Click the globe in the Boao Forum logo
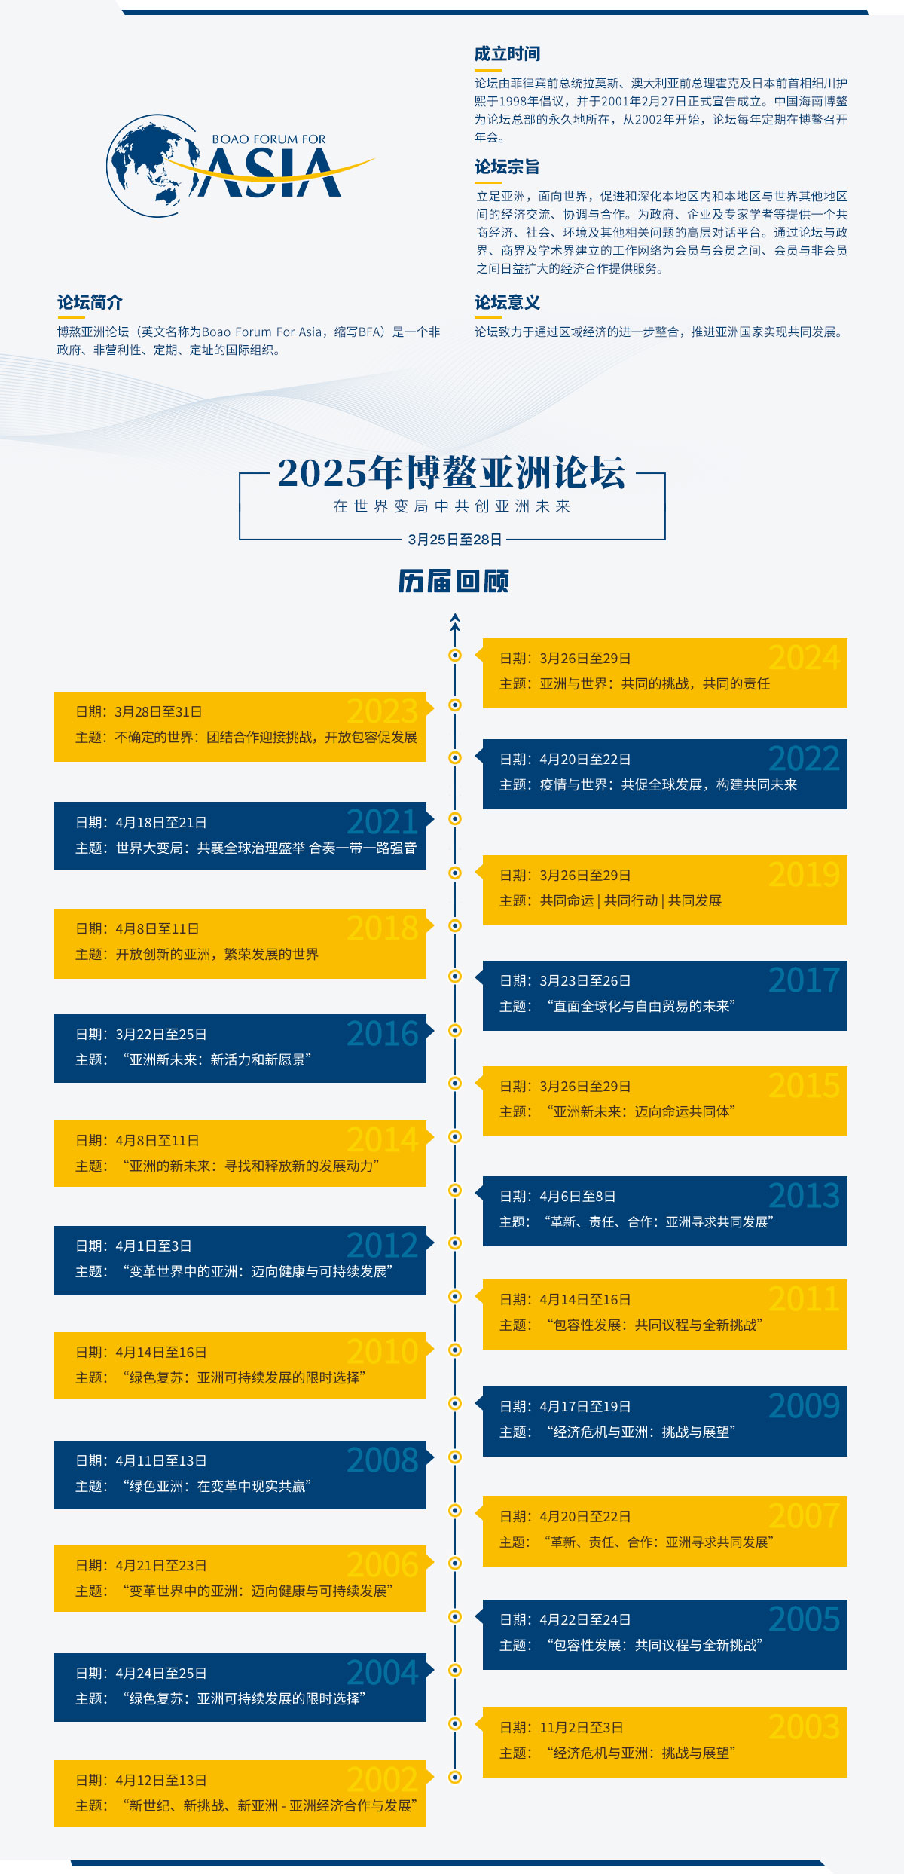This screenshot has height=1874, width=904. pos(151,166)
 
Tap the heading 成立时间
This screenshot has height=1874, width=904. pos(507,54)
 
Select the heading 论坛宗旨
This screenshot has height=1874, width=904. pos(507,167)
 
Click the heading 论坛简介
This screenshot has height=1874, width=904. pos(90,303)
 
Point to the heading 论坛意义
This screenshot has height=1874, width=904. pos(507,303)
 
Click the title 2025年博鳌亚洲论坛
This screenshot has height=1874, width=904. pos(452,473)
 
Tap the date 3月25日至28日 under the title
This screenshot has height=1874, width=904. pos(454,540)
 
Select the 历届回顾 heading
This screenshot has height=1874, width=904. pos(454,581)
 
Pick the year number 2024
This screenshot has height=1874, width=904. pos(804,658)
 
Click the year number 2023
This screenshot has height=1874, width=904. pos(382,711)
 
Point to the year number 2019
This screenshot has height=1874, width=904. pos(804,875)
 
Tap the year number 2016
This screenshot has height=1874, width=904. pos(382,1034)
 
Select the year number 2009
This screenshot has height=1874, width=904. pos(804,1406)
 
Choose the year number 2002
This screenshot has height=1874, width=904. pos(382,1780)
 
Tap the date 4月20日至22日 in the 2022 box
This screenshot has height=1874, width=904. pos(585,760)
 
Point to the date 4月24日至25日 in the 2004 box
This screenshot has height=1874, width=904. pos(160,1673)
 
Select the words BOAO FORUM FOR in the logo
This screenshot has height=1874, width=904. pos(269,139)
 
